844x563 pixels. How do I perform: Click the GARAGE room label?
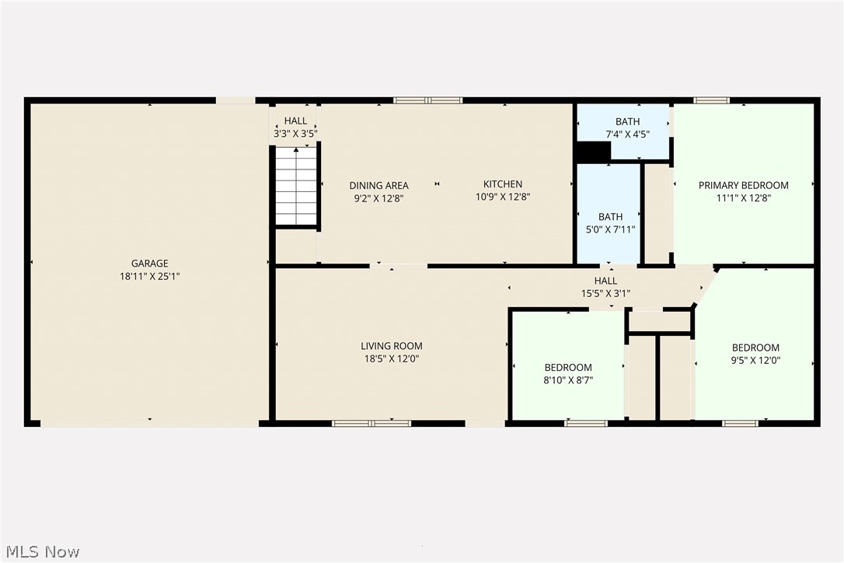(x=149, y=264)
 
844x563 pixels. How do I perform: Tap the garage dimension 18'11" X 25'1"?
(x=149, y=276)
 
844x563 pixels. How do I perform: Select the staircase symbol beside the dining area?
(x=296, y=186)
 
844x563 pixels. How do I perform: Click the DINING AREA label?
(x=378, y=185)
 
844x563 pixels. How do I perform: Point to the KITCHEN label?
(x=503, y=184)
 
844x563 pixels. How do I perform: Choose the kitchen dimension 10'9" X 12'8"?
(x=503, y=197)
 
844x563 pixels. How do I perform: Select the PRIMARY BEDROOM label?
(x=743, y=185)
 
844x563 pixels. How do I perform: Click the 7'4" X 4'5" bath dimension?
(x=627, y=134)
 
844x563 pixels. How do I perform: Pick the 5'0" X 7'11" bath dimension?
(x=610, y=229)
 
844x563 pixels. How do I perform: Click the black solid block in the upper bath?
(x=593, y=152)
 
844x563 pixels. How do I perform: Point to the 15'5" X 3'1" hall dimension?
(x=605, y=293)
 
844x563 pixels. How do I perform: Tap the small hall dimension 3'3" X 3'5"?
(x=295, y=134)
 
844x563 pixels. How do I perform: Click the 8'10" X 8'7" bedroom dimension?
(x=567, y=379)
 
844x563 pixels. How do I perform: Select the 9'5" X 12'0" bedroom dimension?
(x=755, y=360)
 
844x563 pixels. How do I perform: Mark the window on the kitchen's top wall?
(x=427, y=100)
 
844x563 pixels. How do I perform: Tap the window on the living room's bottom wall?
(x=371, y=423)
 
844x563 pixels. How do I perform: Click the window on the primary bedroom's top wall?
(x=711, y=100)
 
